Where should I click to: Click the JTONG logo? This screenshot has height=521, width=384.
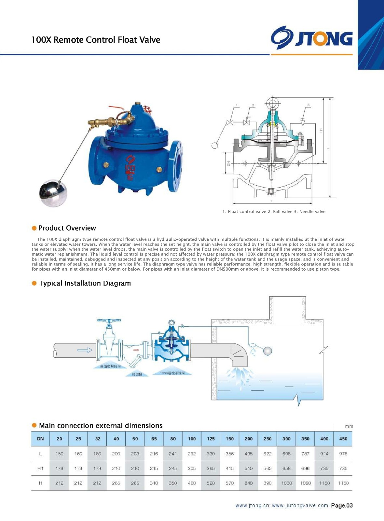[x=312, y=38]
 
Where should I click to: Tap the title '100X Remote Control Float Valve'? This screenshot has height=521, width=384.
[x=96, y=40]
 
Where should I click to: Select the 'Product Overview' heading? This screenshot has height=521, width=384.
[x=67, y=228]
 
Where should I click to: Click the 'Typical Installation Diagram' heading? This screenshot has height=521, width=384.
[x=85, y=283]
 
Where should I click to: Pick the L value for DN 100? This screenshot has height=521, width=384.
[x=192, y=454]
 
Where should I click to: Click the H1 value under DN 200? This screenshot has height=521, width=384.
[x=248, y=468]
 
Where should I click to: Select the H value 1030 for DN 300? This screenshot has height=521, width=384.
[x=286, y=483]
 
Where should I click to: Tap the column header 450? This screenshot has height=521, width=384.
[x=343, y=439]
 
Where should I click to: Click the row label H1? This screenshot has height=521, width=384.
[x=40, y=468]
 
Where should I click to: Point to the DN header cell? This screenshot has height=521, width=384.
[x=40, y=439]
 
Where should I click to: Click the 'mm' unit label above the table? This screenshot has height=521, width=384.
[x=349, y=426]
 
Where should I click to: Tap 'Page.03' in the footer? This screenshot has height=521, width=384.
[x=342, y=505]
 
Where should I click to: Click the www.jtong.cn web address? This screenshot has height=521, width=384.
[x=252, y=506]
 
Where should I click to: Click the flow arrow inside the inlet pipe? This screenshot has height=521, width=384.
[x=85, y=350]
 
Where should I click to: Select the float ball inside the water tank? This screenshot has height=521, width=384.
[x=267, y=351]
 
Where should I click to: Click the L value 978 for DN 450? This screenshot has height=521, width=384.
[x=343, y=454]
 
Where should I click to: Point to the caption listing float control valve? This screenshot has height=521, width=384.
[x=274, y=212]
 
